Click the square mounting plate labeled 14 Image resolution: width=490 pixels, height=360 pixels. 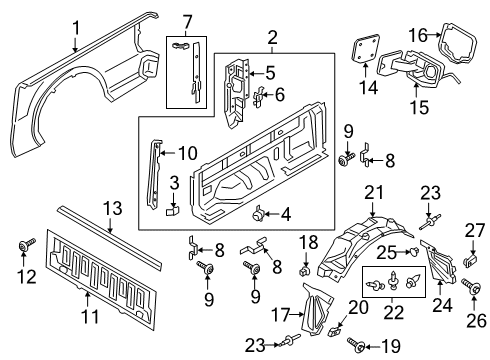coord(366,52)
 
